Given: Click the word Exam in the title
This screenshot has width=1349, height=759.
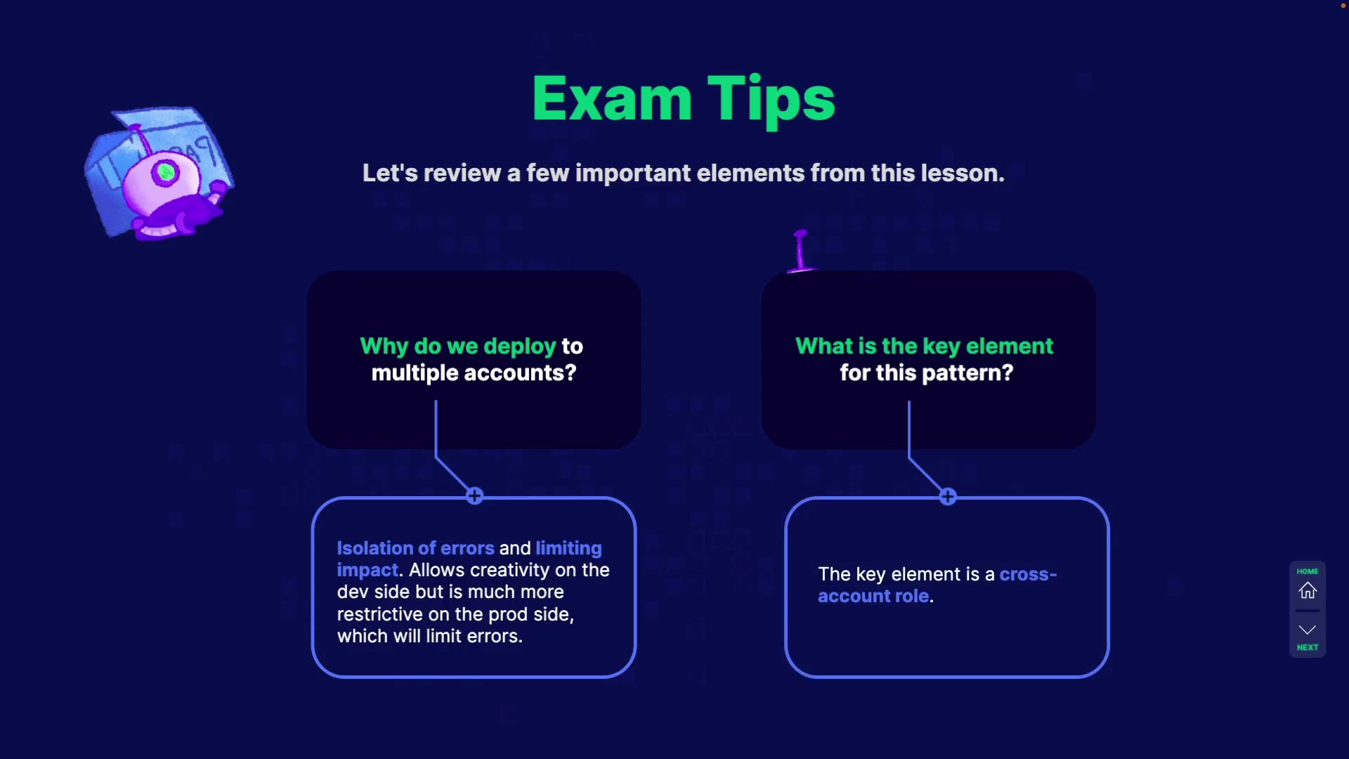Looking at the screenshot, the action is [612, 100].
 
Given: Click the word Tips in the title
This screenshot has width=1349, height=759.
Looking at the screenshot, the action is [771, 100].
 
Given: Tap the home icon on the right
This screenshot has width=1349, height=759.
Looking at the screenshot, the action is [1307, 590].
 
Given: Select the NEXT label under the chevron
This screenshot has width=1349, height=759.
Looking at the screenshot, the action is [1307, 647].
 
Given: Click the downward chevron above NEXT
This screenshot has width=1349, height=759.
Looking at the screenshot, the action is [1307, 629].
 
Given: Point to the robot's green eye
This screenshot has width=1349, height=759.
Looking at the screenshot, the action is [167, 171].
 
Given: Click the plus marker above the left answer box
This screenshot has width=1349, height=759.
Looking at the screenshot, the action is [475, 496].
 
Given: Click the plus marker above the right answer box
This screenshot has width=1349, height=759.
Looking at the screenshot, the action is [948, 497].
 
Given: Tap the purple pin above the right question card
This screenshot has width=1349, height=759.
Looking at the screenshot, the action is [800, 250].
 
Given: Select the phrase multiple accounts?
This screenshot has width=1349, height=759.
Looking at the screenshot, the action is [474, 372].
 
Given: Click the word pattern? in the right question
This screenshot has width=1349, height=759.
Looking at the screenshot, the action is [967, 372].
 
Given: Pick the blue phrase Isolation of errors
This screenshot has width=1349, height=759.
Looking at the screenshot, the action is [415, 548].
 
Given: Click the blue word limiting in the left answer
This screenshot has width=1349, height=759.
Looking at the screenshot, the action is [568, 548].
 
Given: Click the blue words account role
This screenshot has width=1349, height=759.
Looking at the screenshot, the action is [873, 596].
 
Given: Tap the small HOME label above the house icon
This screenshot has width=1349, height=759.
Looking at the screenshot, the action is [1307, 571].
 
